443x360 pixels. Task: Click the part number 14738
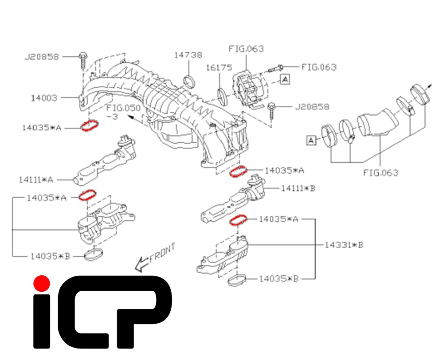pos(188,55)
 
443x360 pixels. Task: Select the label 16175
pos(219,68)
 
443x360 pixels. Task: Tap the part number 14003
pos(44,98)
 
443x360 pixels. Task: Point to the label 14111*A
pos(36,180)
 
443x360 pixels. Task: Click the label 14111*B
pos(298,188)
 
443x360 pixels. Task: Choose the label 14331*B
pos(344,245)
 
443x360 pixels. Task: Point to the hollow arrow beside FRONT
pos(142,264)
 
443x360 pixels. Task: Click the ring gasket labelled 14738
pos(189,81)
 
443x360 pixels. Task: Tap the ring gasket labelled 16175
pos(223,94)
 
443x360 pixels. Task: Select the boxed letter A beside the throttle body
pos(285,78)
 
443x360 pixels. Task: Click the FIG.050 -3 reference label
pos(123,112)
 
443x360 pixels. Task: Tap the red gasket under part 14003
pos(90,126)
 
